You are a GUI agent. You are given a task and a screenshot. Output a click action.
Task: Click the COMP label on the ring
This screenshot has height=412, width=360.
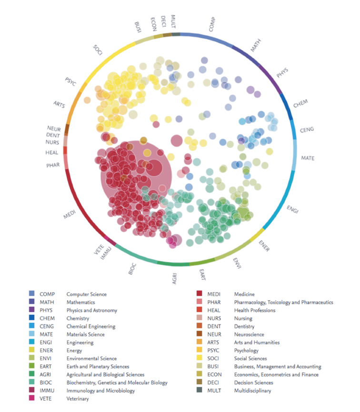(x=212, y=25)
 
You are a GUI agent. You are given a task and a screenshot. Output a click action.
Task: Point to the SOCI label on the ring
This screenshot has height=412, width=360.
(x=97, y=50)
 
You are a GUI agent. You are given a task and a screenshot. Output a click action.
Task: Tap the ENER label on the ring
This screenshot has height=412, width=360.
(x=264, y=244)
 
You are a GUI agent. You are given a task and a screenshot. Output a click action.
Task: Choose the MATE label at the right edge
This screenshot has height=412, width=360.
(x=308, y=158)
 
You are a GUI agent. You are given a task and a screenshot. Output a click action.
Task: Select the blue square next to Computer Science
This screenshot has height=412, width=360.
(x=31, y=294)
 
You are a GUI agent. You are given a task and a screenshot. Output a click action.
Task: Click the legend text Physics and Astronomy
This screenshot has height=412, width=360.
(x=91, y=311)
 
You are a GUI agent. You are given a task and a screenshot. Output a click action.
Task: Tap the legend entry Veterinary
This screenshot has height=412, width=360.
(x=78, y=399)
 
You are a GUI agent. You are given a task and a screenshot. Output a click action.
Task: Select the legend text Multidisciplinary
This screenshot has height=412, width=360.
(x=253, y=391)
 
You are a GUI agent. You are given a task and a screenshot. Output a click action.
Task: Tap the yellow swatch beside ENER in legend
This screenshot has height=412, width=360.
(x=31, y=351)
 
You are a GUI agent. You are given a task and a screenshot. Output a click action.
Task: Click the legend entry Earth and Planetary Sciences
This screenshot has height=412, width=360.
(x=98, y=367)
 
